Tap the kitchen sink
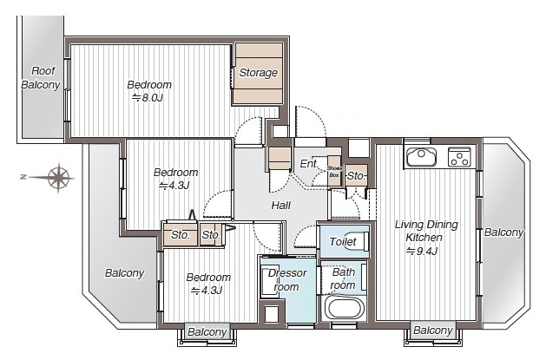(422, 157)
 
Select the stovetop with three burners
(459, 157)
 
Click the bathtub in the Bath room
(345, 308)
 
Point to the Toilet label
(343, 241)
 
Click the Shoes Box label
(334, 172)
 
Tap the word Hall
(280, 206)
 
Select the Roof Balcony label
(41, 78)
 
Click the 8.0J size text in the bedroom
(148, 98)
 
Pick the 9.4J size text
(422, 251)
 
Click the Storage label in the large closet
(258, 73)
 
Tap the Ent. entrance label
(309, 163)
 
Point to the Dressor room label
(287, 280)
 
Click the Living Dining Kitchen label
(425, 231)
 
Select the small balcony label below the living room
(432, 331)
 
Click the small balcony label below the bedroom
(207, 332)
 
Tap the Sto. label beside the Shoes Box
(356, 176)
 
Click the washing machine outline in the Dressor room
(270, 282)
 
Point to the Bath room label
(343, 278)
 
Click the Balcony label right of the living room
(503, 232)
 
